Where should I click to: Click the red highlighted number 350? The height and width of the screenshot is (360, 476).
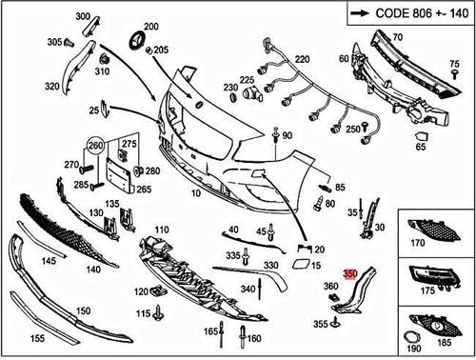coord(349,272)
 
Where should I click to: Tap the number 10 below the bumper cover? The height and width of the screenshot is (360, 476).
coord(196,193)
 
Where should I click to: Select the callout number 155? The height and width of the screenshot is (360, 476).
coord(36,338)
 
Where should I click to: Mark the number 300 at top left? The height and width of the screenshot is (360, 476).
coord(83,17)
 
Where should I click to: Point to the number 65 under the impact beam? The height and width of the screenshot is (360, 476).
coord(421,147)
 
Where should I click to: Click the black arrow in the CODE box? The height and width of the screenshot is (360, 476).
coord(358,13)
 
